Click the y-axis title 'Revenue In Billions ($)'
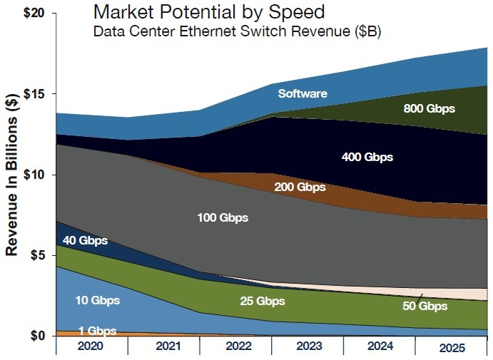point(12,175)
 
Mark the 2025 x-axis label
point(451,348)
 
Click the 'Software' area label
point(303,94)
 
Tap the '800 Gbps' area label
point(429,109)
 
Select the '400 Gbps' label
point(367,157)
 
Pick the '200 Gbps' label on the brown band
point(300,187)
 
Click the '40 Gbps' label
point(85,241)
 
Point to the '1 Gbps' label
point(97,331)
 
